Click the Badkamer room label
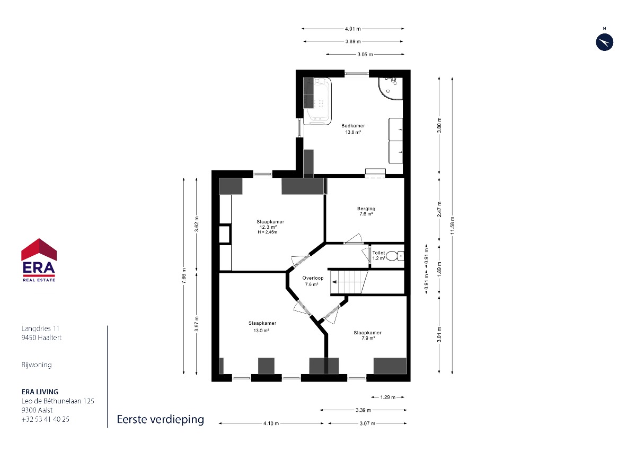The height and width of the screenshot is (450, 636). coord(353,126)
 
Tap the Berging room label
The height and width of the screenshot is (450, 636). coord(366,209)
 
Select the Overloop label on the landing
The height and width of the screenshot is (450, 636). coord(313,278)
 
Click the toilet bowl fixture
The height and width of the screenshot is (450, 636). coord(395,256)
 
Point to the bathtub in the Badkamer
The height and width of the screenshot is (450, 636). coord(317,101)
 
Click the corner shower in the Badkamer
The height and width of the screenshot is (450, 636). coord(391,89)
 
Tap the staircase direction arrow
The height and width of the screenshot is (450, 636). coord(334,282)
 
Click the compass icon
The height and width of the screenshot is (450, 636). coord(605,42)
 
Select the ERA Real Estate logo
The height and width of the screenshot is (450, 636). coord(39,260)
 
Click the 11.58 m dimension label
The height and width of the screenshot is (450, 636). coord(452,226)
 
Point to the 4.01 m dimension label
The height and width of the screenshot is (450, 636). coord(353,29)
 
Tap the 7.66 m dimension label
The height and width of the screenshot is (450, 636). coord(184,276)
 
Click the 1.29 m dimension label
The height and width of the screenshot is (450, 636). coord(388,397)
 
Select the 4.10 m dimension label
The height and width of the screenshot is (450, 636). coord(271,423)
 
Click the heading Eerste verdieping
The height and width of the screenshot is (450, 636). coord(161,420)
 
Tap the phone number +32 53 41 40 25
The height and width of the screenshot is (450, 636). coord(46,419)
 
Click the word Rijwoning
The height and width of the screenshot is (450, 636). coord(37,365)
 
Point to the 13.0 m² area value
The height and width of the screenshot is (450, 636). coord(261,330)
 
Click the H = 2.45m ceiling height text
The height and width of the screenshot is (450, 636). coord(267,232)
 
